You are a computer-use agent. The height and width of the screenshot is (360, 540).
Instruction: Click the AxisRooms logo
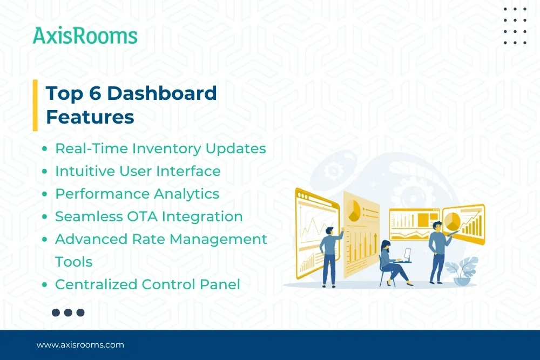pyautogui.click(x=85, y=36)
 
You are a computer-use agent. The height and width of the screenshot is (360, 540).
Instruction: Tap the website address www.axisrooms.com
pyautogui.click(x=80, y=344)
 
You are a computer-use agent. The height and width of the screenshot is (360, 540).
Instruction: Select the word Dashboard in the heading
pyautogui.click(x=162, y=93)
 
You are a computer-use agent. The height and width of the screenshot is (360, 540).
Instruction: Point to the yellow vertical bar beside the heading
pyautogui.click(x=35, y=105)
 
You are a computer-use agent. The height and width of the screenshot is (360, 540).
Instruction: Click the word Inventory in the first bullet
pyautogui.click(x=166, y=148)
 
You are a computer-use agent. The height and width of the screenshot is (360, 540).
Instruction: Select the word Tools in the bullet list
pyautogui.click(x=73, y=262)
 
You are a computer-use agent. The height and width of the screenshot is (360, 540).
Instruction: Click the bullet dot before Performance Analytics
pyautogui.click(x=45, y=194)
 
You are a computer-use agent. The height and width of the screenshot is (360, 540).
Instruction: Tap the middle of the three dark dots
pyautogui.click(x=68, y=313)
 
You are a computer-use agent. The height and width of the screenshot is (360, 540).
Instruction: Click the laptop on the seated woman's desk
pyautogui.click(x=406, y=254)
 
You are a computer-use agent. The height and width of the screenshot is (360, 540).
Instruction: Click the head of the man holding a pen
pyautogui.click(x=437, y=225)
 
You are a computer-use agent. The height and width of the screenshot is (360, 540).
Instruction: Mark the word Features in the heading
pyautogui.click(x=90, y=117)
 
